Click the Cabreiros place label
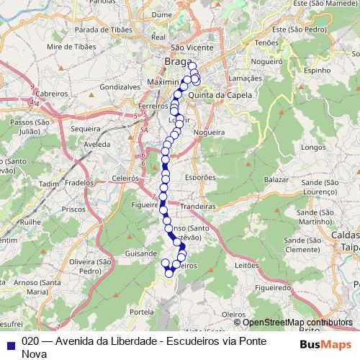tap(50, 94)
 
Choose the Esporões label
tap(199, 177)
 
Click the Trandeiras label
tap(198, 206)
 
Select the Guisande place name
tap(140, 253)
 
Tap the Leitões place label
tap(247, 265)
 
